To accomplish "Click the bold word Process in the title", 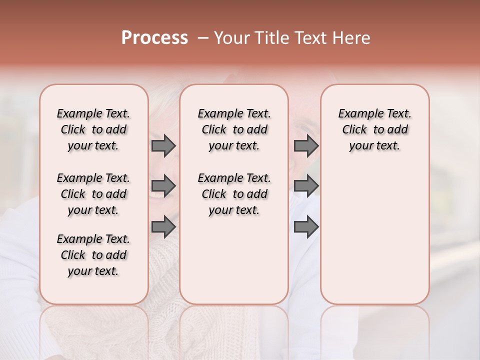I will point(154,38).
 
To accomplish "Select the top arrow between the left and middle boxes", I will point(163,145).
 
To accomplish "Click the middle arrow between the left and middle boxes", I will point(163,186).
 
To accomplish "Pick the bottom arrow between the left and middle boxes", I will point(163,226).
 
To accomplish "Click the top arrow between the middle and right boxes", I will point(306,145).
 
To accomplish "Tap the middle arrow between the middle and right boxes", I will point(306,186).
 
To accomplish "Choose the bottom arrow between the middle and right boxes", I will point(306,226).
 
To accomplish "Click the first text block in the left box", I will point(93,129).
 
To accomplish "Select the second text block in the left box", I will point(93,194).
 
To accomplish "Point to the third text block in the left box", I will point(93,255).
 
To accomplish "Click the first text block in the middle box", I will point(234,129).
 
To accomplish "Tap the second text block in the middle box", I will point(234,194).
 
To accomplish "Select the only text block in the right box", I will point(374,129).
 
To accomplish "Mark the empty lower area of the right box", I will point(374,235).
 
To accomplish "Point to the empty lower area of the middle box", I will point(234,260).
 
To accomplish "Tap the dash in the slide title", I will point(202,38).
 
